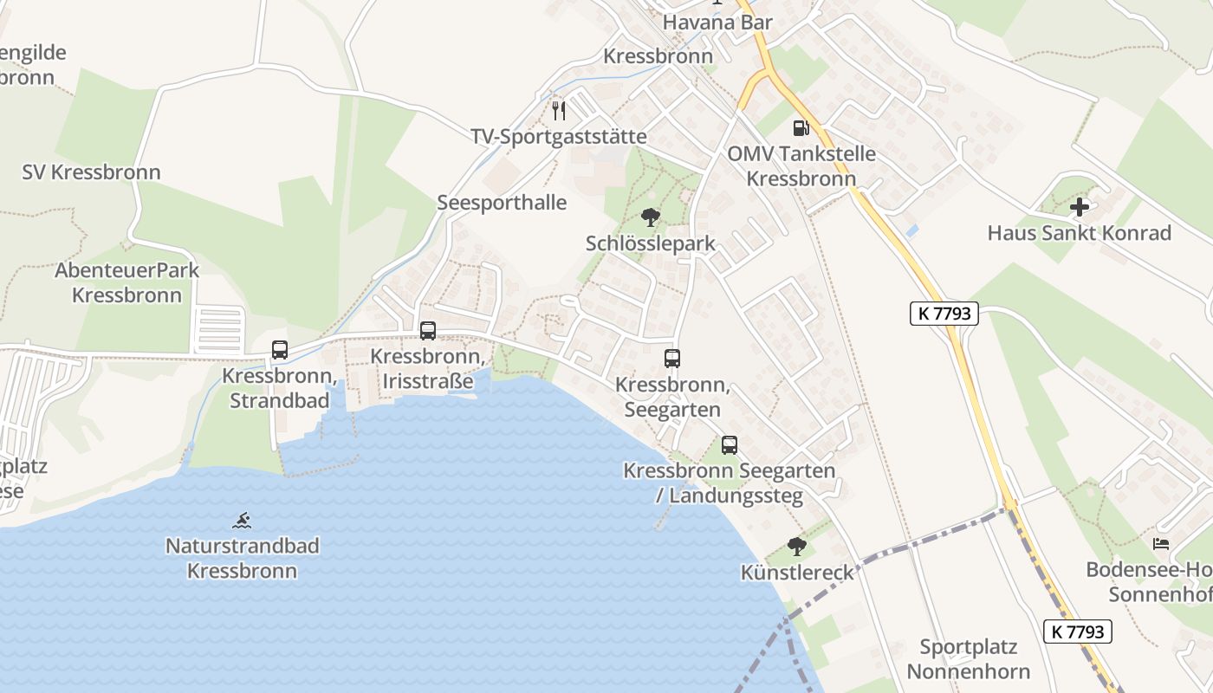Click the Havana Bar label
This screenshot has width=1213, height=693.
(x=717, y=23)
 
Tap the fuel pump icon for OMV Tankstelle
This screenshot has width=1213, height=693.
(x=801, y=128)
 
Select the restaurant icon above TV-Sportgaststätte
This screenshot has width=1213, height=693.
(x=559, y=110)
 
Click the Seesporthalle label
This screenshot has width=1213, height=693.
(x=502, y=203)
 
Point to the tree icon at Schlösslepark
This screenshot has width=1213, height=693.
(x=650, y=217)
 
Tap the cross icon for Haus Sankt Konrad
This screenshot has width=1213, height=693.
(x=1080, y=207)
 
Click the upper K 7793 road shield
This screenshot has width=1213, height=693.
(x=944, y=314)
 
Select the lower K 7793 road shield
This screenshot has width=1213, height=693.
(x=1077, y=631)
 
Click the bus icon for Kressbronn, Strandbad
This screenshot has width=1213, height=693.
(x=280, y=350)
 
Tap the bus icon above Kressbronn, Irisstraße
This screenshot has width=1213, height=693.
(x=428, y=330)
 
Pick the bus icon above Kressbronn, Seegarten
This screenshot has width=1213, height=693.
(x=672, y=358)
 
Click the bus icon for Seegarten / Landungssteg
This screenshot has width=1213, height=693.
(x=730, y=445)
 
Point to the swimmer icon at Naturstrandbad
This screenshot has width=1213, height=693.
(x=243, y=521)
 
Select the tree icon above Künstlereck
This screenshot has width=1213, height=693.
(x=796, y=547)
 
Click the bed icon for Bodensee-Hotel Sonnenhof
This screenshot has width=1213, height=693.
(x=1161, y=544)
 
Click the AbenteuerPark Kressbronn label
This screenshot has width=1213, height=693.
(x=127, y=282)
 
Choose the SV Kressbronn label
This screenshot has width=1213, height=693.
(x=91, y=172)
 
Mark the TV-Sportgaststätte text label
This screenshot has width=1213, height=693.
(x=559, y=137)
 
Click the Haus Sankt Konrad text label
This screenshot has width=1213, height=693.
(x=1080, y=233)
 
